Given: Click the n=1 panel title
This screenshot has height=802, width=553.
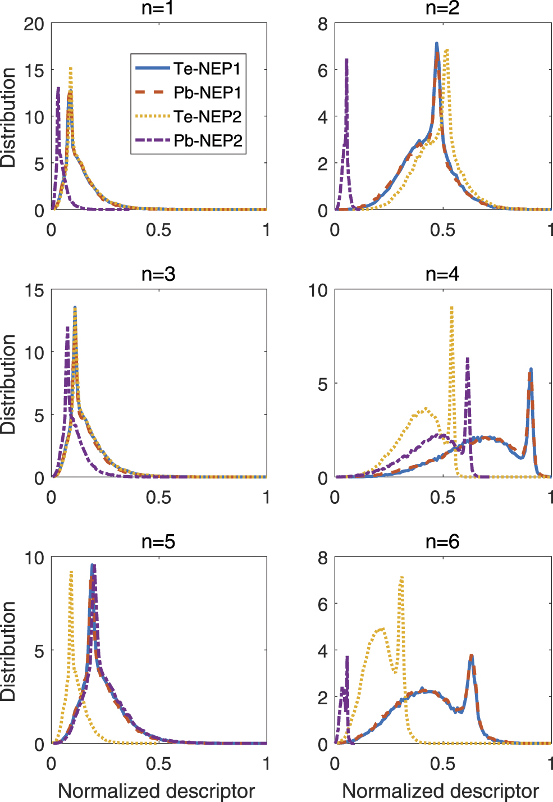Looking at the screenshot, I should pos(158,8).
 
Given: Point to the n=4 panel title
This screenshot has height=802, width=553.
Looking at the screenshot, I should pos(442,274).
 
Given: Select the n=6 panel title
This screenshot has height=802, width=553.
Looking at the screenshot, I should pos(442,541).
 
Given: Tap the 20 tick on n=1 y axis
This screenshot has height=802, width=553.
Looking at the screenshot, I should pos(34,24).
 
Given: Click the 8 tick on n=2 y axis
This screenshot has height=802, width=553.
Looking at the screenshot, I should pos(322,24).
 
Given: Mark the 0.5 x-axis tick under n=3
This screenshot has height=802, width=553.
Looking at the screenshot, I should pos(158,498).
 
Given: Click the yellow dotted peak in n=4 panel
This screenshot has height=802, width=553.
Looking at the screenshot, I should pos(451,308).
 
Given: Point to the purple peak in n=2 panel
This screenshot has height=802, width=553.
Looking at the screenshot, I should pos(346,60).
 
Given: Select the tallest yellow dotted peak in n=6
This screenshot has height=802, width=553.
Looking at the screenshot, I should pos(401,577).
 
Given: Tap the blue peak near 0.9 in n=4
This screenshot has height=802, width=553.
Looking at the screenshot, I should pos(531,370).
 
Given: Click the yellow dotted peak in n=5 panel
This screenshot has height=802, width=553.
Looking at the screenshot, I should pos(71,572).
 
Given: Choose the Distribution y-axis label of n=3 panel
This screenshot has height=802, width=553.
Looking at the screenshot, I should pos(8,384).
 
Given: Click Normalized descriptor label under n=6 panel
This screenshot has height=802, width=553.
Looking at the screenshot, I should pos(440,791).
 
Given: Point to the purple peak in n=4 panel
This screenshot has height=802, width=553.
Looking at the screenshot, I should pos(467,359).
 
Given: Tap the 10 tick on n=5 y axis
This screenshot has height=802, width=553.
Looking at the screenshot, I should pos(34,558).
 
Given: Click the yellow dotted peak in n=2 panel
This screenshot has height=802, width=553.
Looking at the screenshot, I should pos(446,51).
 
